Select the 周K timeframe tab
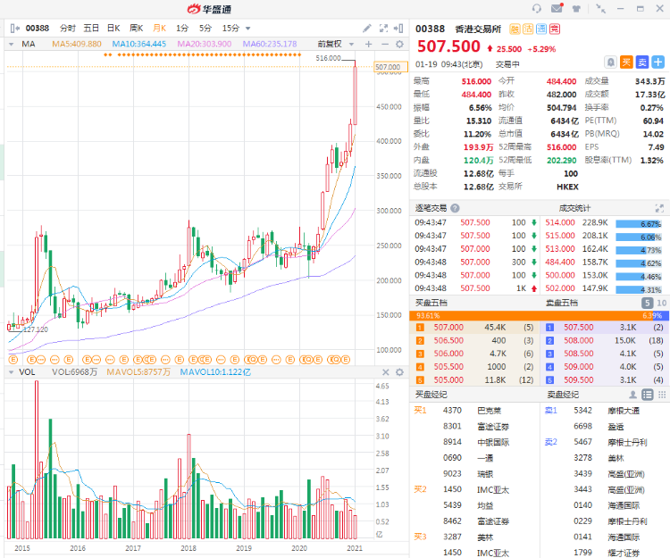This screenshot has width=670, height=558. click(x=136, y=28)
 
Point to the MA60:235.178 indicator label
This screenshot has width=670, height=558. click(x=269, y=43)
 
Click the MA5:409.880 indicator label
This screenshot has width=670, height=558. click(x=76, y=43)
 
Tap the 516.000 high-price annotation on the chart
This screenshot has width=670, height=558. click(x=329, y=58)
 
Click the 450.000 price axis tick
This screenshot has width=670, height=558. click(x=388, y=107)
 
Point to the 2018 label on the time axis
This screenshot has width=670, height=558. click(x=188, y=548)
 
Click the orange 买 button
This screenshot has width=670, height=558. click(x=626, y=62)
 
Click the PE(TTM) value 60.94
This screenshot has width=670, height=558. click(x=652, y=120)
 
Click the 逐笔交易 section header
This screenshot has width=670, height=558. click(x=431, y=208)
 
